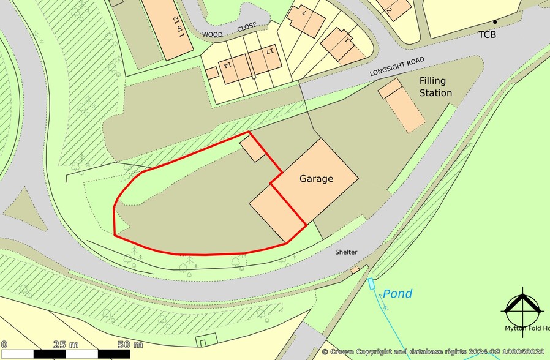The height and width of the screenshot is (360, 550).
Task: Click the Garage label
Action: tap(316, 179)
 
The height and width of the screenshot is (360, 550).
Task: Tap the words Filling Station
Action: tap(435, 87)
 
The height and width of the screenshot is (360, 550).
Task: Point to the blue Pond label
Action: tap(397, 294)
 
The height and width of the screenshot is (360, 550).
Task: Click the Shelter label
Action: tap(345, 252)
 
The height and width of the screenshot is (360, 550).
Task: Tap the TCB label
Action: tap(488, 35)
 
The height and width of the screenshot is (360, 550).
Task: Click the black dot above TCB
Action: tap(495, 22)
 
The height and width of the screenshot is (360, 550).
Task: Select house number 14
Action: tap(227, 65)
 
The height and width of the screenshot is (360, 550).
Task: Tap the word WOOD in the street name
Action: tap(212, 35)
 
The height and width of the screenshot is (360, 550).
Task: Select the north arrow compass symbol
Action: tap(522, 307)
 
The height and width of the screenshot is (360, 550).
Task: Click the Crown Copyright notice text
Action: tap(432, 352)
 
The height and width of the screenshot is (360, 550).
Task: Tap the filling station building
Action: tap(402, 105)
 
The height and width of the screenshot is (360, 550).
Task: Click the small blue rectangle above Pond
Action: tap(371, 283)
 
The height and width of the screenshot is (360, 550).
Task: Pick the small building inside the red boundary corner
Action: tap(252, 149)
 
